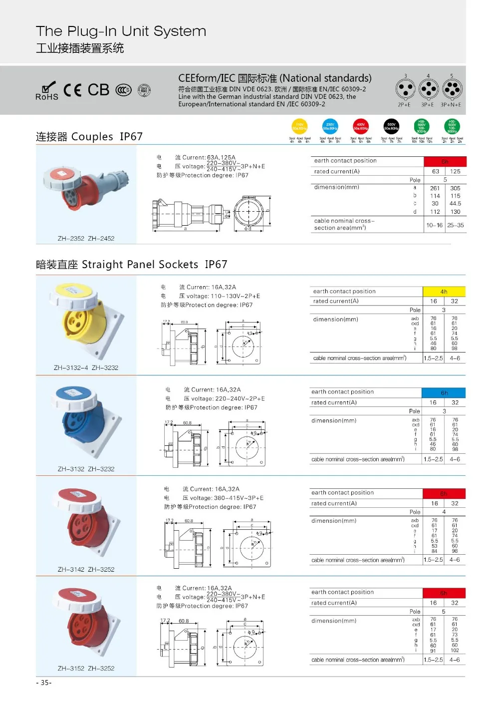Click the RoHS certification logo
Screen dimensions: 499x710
[x=47, y=91]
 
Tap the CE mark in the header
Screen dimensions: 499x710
[x=73, y=90]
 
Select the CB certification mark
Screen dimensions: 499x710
[x=98, y=90]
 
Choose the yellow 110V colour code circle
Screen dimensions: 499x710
[x=299, y=127]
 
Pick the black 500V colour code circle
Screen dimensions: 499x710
[x=391, y=127]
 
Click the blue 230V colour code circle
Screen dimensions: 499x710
[x=330, y=127]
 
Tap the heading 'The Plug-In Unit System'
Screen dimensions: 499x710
[x=121, y=31]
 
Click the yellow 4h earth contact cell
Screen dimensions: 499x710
[x=444, y=292]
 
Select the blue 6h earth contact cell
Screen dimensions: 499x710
[x=444, y=392]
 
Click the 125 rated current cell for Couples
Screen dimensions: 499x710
[x=455, y=171]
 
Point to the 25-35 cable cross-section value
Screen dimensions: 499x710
[x=455, y=225]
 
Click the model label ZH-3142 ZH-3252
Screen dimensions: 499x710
[x=86, y=569]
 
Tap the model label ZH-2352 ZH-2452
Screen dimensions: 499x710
[x=86, y=238]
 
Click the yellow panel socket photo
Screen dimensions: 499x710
[x=85, y=320]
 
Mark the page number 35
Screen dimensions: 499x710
[x=44, y=683]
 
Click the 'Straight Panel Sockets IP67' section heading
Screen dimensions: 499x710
[x=131, y=265]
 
